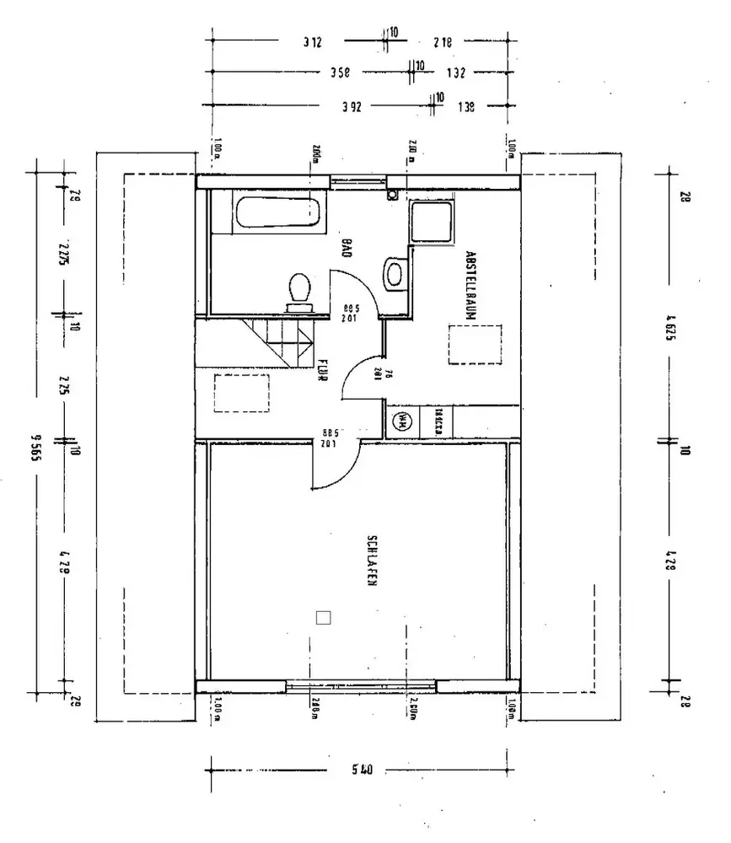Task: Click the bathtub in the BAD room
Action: click(x=279, y=212)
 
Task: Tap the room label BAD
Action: click(x=346, y=247)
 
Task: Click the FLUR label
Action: click(x=322, y=371)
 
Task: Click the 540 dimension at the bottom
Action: click(x=360, y=769)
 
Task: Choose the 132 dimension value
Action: click(x=455, y=72)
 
